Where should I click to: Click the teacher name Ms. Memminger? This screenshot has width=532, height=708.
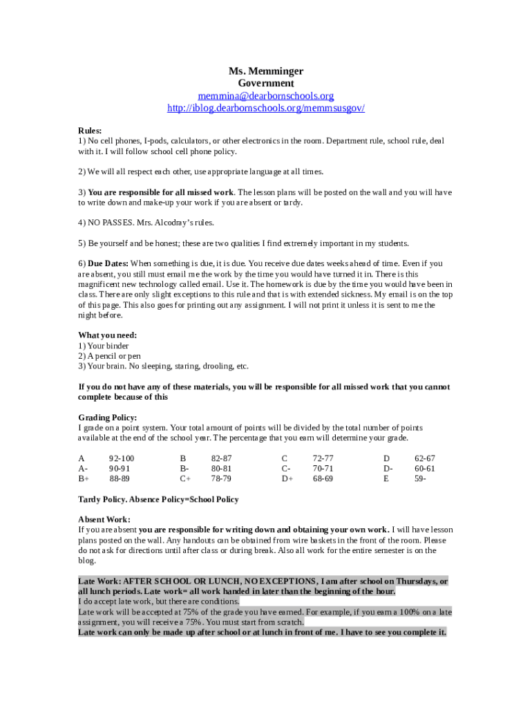(266, 71)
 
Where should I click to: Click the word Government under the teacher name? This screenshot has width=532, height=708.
(266, 84)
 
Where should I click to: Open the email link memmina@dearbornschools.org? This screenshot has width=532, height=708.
(266, 96)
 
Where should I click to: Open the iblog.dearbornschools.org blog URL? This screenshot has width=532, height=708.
(266, 109)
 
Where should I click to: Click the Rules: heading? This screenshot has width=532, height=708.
(90, 130)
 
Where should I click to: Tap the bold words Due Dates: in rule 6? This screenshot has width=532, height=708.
(108, 263)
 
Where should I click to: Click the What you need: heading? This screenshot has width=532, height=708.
(107, 335)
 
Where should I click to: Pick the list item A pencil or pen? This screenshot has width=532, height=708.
(114, 356)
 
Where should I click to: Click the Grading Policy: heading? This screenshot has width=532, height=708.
(107, 418)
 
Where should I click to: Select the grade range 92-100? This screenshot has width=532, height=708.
(122, 458)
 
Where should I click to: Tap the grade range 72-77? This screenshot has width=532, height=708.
(323, 458)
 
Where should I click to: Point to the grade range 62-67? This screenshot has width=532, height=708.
(425, 458)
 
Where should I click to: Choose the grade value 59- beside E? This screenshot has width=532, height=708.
(420, 478)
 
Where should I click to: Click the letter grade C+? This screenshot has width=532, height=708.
(186, 478)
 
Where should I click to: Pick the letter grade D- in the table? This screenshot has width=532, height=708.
(388, 469)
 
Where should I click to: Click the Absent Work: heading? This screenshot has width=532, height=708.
(104, 519)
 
